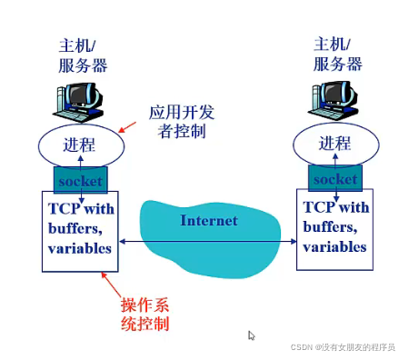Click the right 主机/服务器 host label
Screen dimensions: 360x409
[336, 54]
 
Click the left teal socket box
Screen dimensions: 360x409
[80, 180]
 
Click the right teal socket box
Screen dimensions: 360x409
[335, 178]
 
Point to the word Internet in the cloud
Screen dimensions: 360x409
[208, 221]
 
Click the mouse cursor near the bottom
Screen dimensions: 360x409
[252, 335]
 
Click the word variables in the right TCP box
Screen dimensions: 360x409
[335, 246]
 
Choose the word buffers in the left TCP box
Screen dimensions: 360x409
[73, 229]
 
